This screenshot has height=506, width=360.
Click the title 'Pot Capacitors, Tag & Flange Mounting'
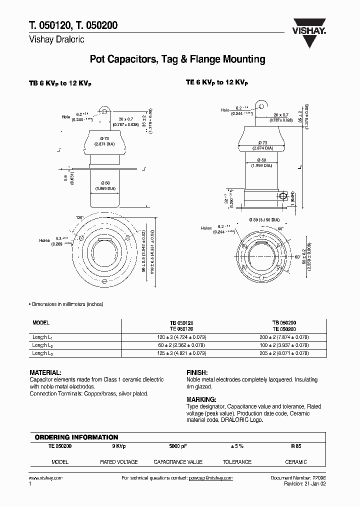[x=177, y=59]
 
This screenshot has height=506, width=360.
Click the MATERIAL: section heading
[x=45, y=373]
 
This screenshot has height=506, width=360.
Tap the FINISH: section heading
[x=197, y=373]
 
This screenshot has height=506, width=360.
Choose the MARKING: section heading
[x=201, y=400]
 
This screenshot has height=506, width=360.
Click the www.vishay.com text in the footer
[x=46, y=478]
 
